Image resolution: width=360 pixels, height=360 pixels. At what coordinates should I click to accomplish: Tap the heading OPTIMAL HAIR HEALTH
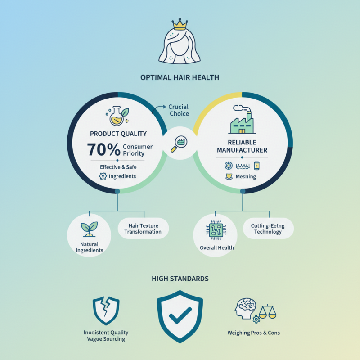click(180, 77)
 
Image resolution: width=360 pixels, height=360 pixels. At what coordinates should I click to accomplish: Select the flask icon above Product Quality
click(117, 116)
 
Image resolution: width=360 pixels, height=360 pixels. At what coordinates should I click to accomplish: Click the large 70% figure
click(103, 149)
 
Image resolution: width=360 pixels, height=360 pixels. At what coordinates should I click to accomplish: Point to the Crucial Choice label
click(179, 110)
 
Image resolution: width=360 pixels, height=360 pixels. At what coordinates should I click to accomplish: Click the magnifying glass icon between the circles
click(179, 144)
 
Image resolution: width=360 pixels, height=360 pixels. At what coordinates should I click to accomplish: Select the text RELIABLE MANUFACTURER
click(242, 146)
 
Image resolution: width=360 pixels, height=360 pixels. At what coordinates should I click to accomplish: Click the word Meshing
click(246, 176)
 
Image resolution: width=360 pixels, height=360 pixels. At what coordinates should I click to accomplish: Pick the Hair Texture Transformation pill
click(143, 229)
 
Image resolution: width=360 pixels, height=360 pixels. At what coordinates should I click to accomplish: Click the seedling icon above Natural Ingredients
click(89, 229)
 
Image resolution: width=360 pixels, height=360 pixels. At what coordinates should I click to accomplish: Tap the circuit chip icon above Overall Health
click(216, 230)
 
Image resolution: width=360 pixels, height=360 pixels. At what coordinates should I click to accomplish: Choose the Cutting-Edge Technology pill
click(268, 229)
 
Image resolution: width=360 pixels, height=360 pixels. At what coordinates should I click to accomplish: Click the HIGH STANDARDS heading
click(180, 279)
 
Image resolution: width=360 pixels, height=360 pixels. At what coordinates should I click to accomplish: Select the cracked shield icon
click(106, 310)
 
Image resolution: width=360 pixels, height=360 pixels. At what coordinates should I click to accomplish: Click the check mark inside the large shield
click(180, 315)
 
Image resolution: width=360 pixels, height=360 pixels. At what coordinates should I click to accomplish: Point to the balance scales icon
click(267, 311)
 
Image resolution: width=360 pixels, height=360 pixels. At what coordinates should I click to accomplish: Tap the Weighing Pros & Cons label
click(254, 333)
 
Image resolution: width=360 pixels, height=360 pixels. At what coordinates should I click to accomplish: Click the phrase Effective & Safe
click(118, 167)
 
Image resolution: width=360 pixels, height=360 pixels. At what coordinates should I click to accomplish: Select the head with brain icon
click(245, 308)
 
